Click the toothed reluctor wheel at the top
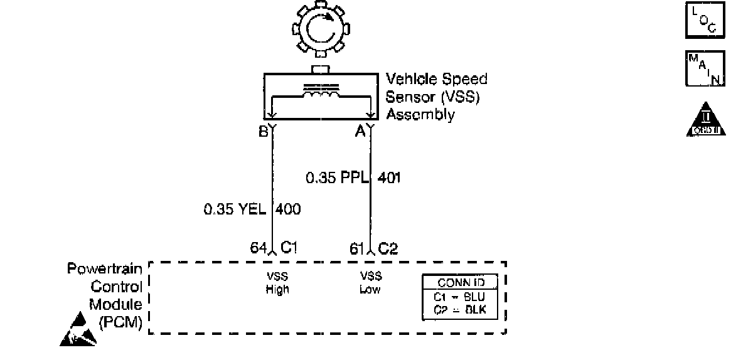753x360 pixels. [320, 29]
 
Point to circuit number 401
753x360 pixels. [389, 178]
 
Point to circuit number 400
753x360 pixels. [289, 209]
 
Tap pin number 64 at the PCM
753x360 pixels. [259, 248]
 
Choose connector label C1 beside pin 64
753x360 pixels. [289, 248]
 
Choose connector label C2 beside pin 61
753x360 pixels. [388, 248]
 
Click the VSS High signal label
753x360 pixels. [277, 283]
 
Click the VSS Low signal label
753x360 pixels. [370, 283]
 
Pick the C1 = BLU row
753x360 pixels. [461, 297]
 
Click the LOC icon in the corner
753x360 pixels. [705, 21]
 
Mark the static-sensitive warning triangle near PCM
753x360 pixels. [78, 333]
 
